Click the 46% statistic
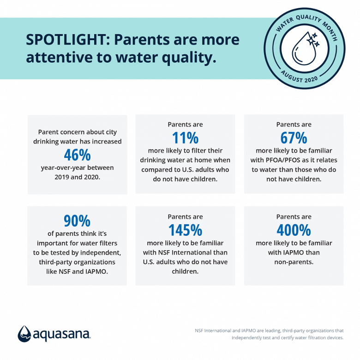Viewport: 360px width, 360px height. tap(77, 154)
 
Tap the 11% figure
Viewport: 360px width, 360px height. tap(185, 137)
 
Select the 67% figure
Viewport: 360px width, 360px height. tap(294, 137)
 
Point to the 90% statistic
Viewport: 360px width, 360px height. tap(77, 221)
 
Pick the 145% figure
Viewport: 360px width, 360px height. tap(185, 229)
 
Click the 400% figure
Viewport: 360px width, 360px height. tap(294, 229)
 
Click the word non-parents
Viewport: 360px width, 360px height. tap(294, 262)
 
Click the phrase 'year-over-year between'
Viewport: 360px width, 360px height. tap(77, 168)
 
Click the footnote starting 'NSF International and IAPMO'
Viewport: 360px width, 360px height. tap(269, 330)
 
